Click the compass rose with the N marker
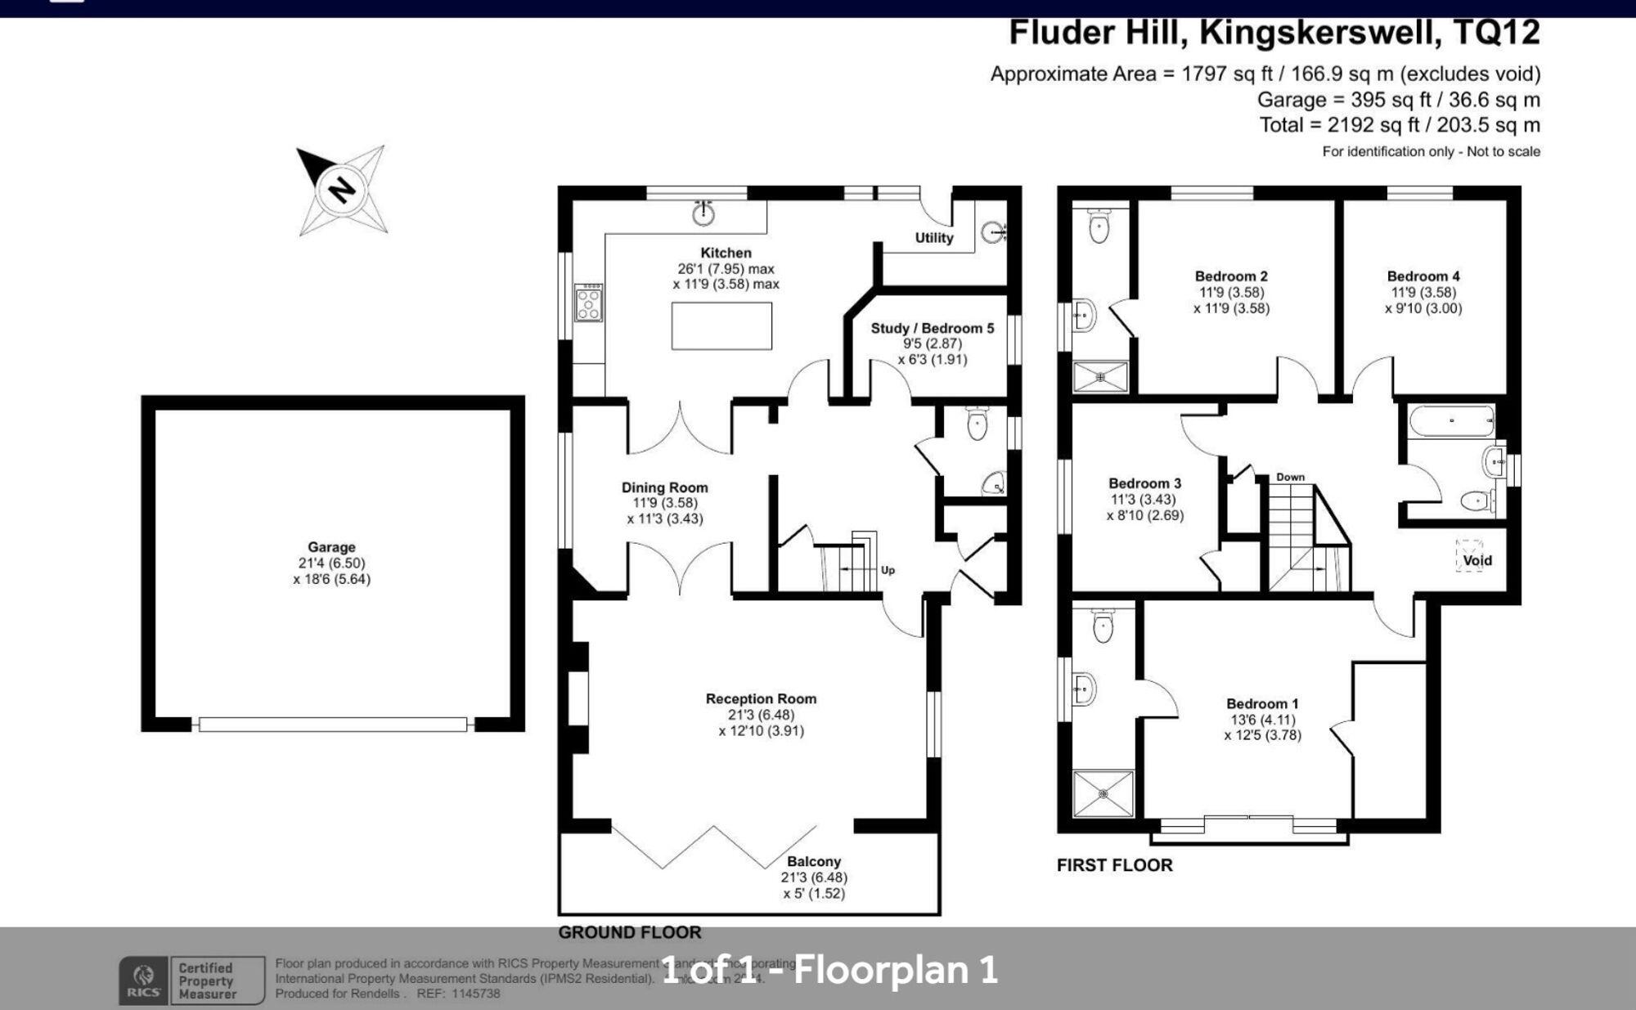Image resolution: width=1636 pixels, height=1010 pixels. point(342,191)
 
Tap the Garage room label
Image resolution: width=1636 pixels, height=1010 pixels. point(331,547)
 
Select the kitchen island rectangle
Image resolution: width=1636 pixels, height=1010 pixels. point(721,325)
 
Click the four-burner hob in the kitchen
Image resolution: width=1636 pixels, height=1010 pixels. point(588,303)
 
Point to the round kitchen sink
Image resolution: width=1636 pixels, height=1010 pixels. point(703,215)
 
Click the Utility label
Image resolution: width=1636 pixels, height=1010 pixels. point(933,238)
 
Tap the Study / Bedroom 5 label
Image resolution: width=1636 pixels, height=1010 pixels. point(932,328)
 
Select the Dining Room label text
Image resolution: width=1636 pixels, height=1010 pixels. point(664,487)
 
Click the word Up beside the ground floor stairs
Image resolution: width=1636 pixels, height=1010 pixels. point(888,570)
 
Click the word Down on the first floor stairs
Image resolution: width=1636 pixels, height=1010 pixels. point(1290,477)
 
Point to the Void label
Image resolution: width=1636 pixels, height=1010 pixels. point(1477,560)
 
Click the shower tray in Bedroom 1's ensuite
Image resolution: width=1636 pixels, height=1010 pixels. point(1103,793)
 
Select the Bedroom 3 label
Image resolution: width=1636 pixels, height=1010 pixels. point(1144,483)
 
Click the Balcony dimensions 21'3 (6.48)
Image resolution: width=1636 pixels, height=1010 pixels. point(814,878)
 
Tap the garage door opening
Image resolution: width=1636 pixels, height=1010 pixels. point(333,725)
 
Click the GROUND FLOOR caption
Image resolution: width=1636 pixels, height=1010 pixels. point(629,932)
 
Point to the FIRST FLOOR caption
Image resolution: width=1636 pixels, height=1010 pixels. point(1114,865)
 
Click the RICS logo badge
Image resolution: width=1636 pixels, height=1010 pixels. point(144,981)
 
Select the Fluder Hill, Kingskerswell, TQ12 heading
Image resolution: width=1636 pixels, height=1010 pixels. point(1274,34)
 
